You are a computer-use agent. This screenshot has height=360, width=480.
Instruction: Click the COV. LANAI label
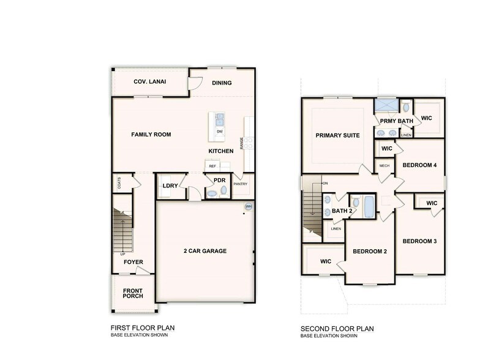click(149, 81)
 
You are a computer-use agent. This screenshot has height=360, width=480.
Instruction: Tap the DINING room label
click(222, 83)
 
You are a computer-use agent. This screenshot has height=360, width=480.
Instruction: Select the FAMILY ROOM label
click(151, 134)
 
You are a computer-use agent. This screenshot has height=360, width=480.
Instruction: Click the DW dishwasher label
click(219, 131)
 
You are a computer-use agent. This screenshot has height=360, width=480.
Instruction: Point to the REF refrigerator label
click(212, 166)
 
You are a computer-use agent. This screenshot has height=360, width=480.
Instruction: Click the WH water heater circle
click(249, 206)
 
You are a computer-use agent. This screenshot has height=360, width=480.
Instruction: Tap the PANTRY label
click(241, 184)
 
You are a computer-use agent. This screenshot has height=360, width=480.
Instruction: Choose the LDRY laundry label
click(170, 187)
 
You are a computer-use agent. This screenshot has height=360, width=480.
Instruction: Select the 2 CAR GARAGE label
click(204, 251)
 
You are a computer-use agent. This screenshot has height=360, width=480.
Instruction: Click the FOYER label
click(133, 262)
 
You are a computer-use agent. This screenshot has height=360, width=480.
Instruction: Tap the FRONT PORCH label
click(133, 293)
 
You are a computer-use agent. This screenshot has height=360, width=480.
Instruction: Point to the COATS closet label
click(119, 183)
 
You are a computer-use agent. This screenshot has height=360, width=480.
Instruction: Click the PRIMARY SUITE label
click(337, 135)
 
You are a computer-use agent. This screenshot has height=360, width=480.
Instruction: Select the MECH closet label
click(384, 166)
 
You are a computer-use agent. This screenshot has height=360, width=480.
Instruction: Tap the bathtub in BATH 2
click(369, 206)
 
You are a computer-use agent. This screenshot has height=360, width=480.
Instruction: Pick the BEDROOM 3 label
click(419, 241)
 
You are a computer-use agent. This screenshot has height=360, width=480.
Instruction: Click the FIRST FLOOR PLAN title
click(143, 328)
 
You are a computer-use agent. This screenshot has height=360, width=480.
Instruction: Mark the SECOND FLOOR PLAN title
click(337, 329)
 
